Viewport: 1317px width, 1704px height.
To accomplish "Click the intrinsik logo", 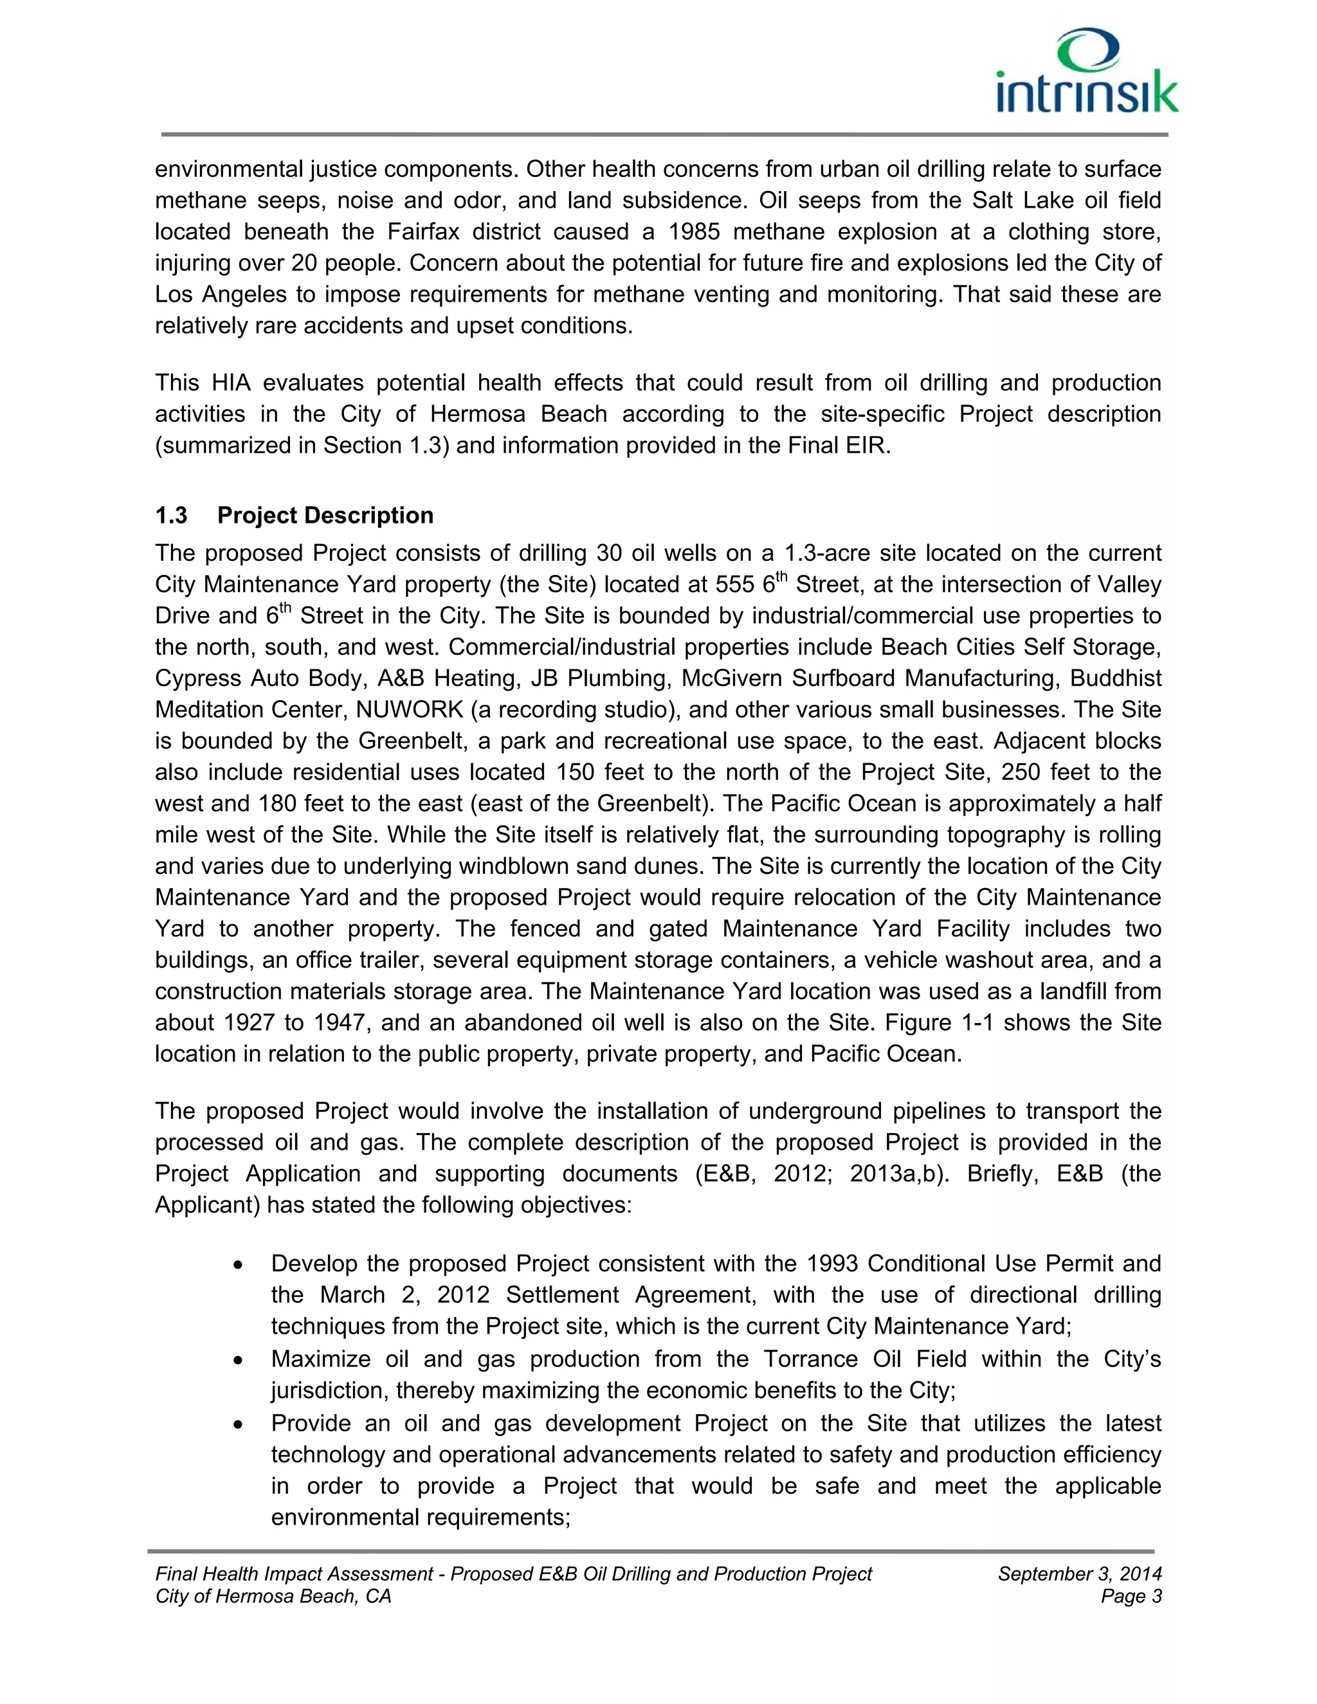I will [1087, 72].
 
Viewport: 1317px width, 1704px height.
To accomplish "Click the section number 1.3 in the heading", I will [171, 516].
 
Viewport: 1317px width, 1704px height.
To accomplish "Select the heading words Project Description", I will [325, 516].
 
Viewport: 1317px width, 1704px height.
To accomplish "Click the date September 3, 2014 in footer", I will [1079, 1573].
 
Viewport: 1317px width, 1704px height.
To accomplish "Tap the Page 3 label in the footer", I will [1131, 1597].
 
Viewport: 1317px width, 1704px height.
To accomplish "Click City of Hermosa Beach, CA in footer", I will [273, 1597].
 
